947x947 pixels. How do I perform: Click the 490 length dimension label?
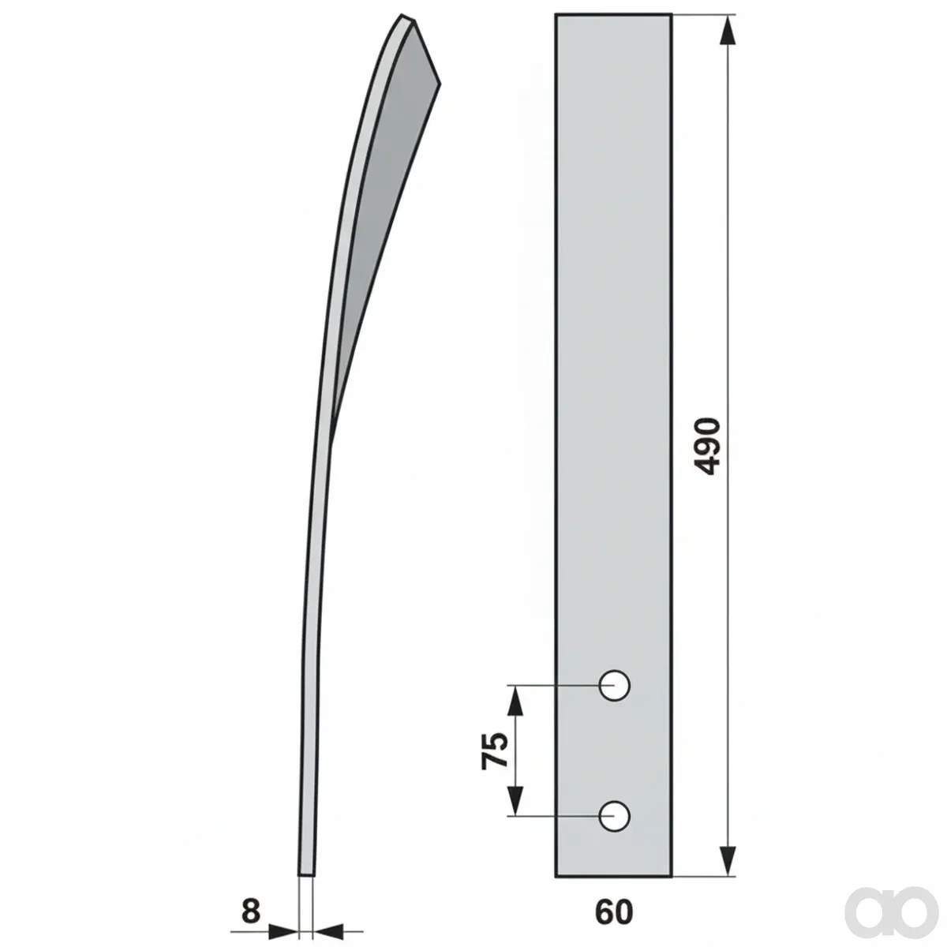(x=708, y=446)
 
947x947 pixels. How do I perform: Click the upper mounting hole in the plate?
(x=614, y=685)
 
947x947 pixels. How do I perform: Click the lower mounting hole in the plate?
(x=614, y=816)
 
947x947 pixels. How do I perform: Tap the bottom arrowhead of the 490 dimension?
(x=728, y=859)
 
